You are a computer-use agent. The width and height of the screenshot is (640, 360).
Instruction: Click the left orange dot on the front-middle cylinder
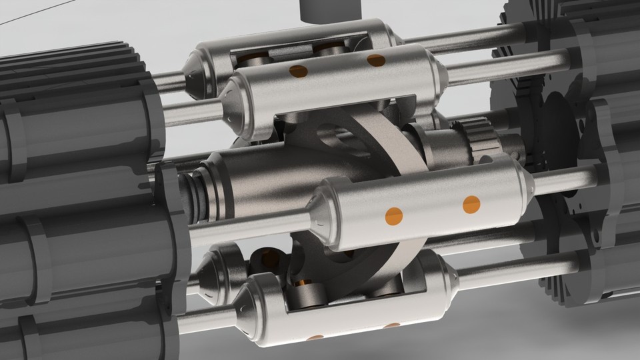point(394,215)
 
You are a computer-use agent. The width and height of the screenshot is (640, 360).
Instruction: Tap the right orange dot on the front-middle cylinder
point(471,203)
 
